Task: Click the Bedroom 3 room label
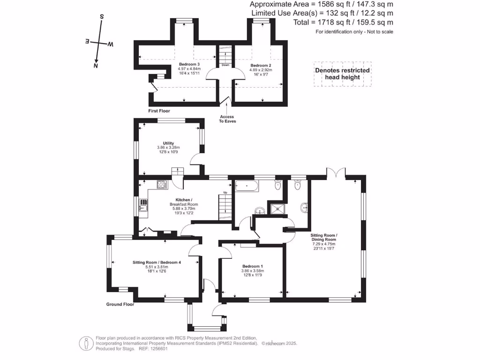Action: coord(189,64)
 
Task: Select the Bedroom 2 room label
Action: coord(261,65)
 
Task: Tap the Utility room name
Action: coord(168,143)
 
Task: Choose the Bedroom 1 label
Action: coord(252,266)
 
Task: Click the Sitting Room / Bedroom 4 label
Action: coord(157,262)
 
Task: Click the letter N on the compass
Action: coord(96,66)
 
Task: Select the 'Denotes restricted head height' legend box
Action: coord(342,74)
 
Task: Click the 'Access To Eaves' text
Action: coord(227,119)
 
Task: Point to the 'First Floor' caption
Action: coord(159,111)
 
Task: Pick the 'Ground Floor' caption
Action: coord(120,304)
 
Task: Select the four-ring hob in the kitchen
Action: coord(162,184)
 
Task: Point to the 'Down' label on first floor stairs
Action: coord(225,65)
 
